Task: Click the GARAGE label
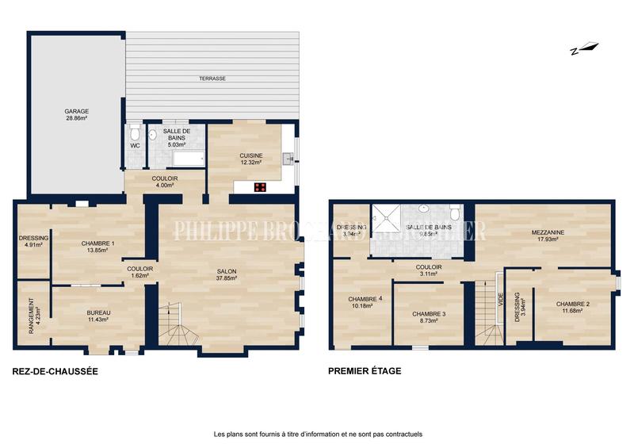tap(76, 112)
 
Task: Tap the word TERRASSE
tap(212, 78)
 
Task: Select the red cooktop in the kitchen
tap(259, 187)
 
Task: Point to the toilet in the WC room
tap(134, 129)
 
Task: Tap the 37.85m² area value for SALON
tap(227, 278)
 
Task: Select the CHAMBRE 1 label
tap(98, 243)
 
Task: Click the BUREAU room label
tap(98, 313)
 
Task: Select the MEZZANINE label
tap(548, 232)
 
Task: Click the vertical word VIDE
tap(501, 300)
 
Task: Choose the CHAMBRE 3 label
tap(429, 315)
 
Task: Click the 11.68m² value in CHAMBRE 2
tap(572, 311)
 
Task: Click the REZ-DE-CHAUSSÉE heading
tap(55, 370)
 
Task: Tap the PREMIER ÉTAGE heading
tap(365, 370)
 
